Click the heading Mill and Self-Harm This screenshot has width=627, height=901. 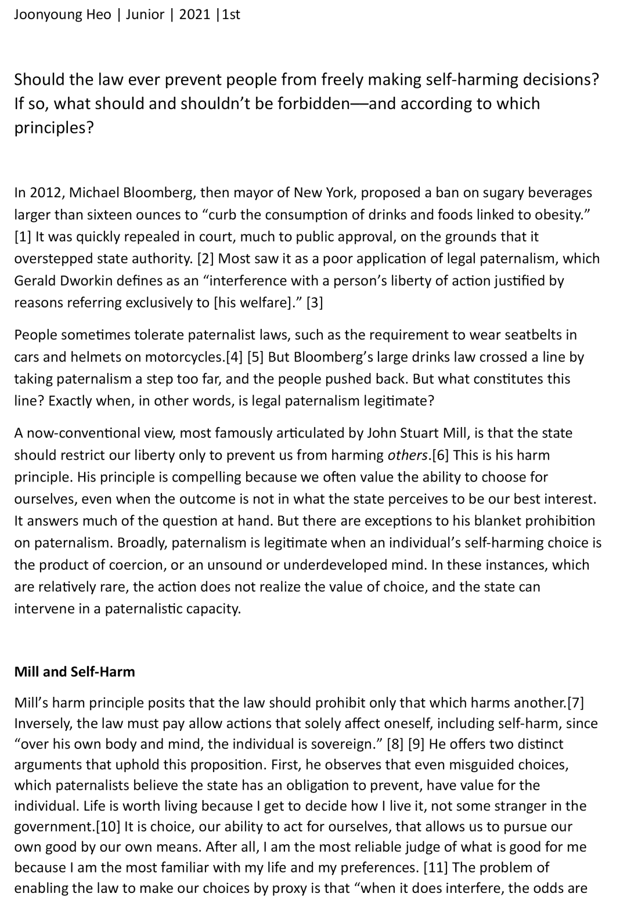pyautogui.click(x=74, y=671)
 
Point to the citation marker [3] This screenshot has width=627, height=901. pyautogui.click(x=314, y=303)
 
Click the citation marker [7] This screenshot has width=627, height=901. pyautogui.click(x=575, y=703)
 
